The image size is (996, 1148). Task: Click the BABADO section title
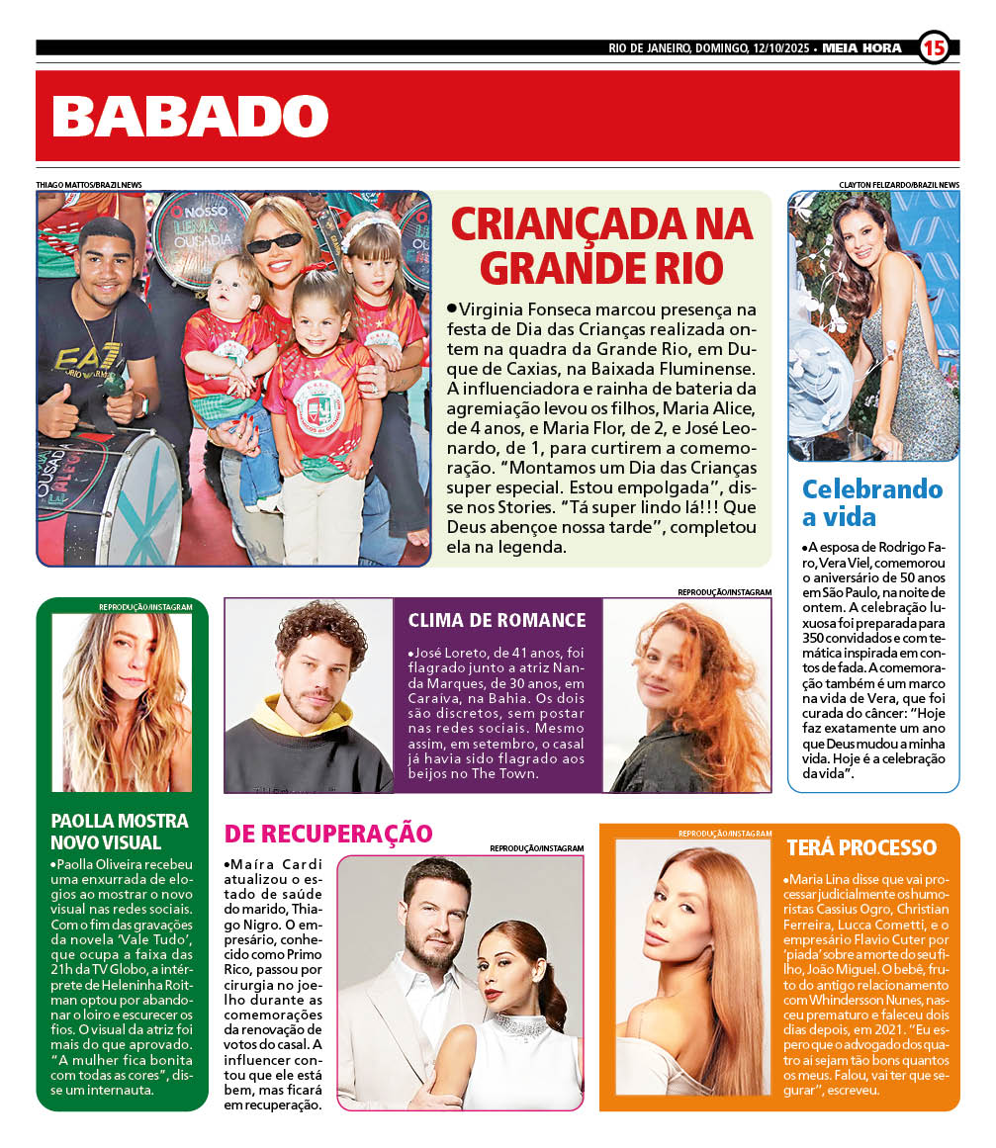190,117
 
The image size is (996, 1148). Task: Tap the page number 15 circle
934,46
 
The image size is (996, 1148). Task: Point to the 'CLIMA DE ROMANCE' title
497,620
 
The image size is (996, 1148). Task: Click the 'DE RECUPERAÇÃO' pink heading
328,833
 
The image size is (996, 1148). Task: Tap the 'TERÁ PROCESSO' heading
861,847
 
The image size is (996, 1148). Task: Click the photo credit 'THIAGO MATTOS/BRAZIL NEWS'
89,185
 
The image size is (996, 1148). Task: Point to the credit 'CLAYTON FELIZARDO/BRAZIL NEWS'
899,185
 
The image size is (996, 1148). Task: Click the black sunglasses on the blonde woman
273,240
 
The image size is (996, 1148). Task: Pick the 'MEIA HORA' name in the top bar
861,47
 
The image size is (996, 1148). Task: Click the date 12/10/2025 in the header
778,47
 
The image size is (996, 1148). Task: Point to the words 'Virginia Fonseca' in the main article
523,310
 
